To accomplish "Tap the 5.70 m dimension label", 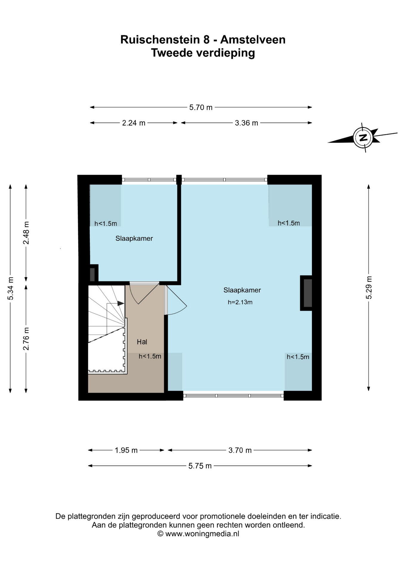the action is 201,107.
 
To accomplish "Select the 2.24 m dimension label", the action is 134,123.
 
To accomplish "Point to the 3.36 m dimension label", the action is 246,123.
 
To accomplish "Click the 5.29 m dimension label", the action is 369,287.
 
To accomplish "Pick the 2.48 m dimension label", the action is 26,233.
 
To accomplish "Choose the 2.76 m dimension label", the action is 26,339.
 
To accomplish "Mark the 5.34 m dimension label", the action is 11,289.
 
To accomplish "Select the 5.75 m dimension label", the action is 200,466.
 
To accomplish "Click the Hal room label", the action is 142,342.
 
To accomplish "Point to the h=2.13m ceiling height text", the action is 240,302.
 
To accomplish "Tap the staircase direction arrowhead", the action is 120,303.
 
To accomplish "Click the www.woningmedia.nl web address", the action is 202,534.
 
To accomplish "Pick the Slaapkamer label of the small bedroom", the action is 134,238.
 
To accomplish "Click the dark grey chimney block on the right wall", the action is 308,293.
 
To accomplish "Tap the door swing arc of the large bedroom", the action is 179,310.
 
